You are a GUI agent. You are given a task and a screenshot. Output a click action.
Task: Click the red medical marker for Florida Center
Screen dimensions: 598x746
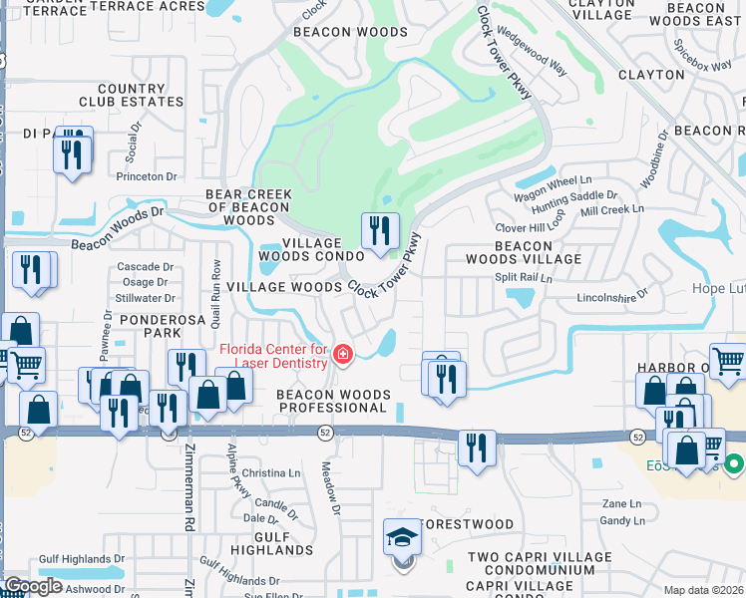click(x=343, y=355)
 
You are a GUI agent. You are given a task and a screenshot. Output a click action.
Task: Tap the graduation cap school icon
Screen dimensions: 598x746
click(x=403, y=539)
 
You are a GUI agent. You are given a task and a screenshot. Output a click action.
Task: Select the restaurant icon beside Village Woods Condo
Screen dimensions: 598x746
click(x=379, y=232)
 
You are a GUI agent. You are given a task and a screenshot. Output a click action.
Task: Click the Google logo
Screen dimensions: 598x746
click(x=33, y=586)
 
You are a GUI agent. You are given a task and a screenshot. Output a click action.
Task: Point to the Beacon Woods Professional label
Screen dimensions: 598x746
click(x=331, y=402)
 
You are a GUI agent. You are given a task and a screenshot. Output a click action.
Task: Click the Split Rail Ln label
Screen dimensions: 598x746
click(x=524, y=280)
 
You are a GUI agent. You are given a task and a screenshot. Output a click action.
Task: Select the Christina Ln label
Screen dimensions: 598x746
click(x=264, y=473)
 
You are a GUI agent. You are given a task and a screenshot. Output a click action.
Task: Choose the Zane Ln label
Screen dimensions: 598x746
click(x=620, y=504)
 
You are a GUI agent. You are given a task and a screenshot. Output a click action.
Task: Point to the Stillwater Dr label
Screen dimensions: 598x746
click(x=145, y=298)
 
